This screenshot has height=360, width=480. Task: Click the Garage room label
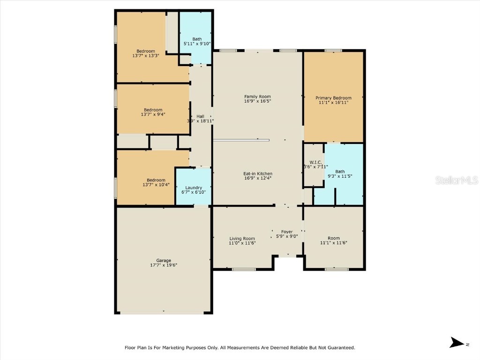pos(164,261)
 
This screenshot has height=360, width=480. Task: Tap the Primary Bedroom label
pos(333,98)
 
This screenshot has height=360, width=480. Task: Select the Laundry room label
pos(193,187)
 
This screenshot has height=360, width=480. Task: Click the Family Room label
pos(257,97)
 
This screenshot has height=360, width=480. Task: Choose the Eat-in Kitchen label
pos(258,173)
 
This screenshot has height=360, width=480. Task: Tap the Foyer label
pos(286,232)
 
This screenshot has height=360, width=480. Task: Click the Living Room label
pos(242,238)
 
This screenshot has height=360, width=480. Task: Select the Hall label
pos(200,116)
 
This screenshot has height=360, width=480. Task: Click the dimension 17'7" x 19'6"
pos(164,265)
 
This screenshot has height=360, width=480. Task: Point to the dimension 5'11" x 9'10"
pos(197,44)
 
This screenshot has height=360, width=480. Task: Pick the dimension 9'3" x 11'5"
pos(340,176)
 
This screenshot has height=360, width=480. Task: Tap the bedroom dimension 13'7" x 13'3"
pos(146,56)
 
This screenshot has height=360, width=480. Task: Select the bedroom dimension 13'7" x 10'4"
pos(156,185)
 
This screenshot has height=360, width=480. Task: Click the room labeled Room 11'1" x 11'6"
pos(333,240)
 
